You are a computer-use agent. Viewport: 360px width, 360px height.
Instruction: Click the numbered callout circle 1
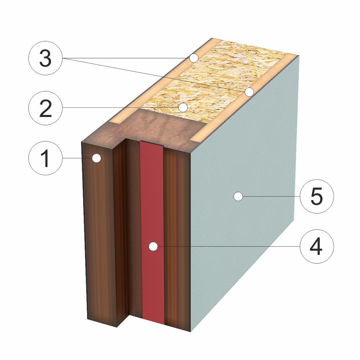click(45, 158)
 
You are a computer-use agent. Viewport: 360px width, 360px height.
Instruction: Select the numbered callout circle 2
click(45, 108)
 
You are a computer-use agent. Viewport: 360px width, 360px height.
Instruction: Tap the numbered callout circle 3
click(45, 58)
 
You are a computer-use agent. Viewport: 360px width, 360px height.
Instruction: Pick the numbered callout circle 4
click(317, 246)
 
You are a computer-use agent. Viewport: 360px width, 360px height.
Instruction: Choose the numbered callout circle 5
click(317, 196)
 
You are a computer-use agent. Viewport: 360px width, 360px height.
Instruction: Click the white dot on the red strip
click(153, 246)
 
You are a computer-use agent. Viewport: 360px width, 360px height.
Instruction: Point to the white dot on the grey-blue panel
click(238, 196)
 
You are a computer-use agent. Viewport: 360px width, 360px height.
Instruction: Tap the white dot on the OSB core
click(183, 107)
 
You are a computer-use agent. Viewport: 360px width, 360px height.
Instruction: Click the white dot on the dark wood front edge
click(96, 158)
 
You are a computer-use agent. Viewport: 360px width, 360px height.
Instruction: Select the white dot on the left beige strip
click(194, 58)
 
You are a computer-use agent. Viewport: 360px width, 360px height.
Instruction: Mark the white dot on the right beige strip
click(249, 92)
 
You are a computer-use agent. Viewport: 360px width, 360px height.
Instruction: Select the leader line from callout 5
click(271, 196)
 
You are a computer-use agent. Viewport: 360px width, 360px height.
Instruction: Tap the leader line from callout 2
click(121, 108)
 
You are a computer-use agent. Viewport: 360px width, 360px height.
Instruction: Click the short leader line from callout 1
click(77, 158)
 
